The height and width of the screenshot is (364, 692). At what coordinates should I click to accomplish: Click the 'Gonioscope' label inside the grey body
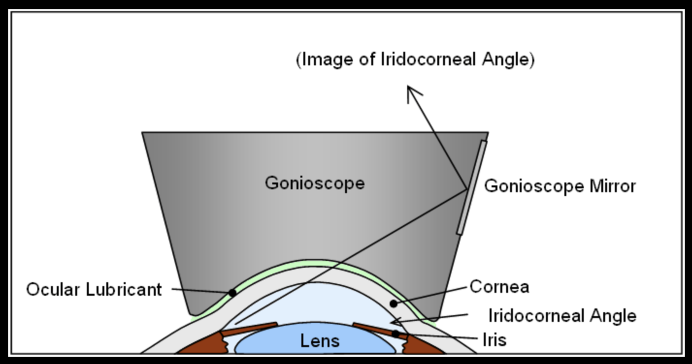point(314,183)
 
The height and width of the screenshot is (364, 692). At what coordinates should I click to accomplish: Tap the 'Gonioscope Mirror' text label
point(560,186)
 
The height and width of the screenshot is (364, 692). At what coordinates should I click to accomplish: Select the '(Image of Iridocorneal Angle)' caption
point(416,60)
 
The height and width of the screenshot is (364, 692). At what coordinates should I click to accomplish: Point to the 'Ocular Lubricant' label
point(94,289)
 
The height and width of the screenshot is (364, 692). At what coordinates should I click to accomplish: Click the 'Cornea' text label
point(499,286)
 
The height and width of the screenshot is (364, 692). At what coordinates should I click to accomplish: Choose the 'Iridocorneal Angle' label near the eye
point(562,315)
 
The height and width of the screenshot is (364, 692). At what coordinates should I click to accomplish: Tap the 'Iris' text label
point(494,340)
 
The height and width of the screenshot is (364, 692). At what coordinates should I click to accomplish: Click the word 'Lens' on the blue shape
point(320,341)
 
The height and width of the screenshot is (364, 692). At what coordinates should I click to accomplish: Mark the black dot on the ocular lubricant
point(232,293)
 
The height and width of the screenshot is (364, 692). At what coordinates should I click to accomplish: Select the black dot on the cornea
point(394,303)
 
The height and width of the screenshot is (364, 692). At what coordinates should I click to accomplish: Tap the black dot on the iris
point(396,334)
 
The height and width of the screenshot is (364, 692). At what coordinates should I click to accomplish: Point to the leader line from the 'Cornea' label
point(431,296)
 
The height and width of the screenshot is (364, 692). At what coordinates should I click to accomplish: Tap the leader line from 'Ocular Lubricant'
point(200,290)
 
